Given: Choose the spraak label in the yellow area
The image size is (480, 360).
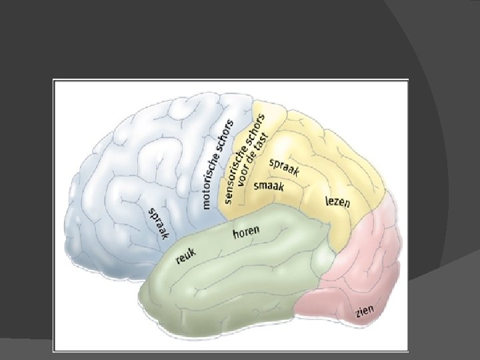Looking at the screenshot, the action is tap(284, 167).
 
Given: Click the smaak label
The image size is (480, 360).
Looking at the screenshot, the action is tap(269, 185).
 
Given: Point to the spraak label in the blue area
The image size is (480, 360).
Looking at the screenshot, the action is tap(159, 222).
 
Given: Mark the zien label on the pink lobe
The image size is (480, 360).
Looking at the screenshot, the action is tap(365, 311).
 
